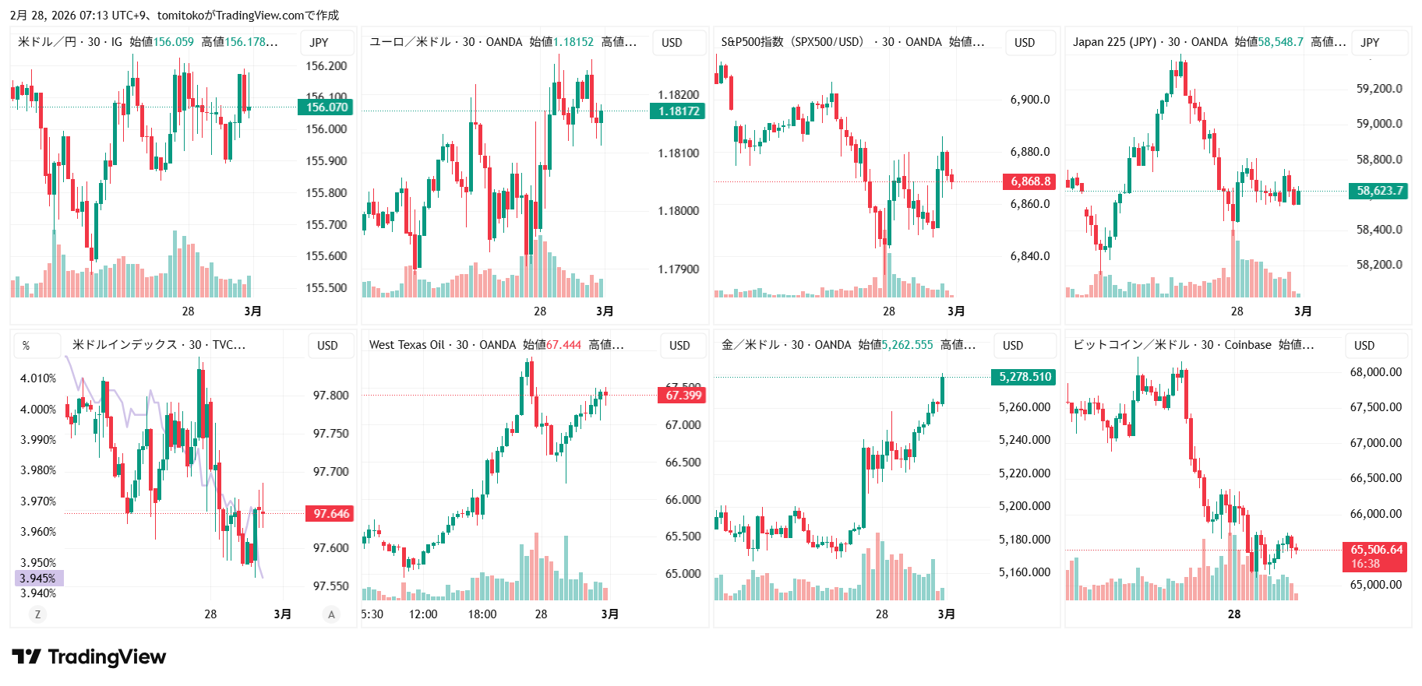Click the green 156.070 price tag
[x=326, y=107]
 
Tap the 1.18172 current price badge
[x=678, y=111]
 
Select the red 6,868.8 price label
[x=1030, y=181]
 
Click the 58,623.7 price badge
[x=1378, y=191]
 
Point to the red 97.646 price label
[x=330, y=514]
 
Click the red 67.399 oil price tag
[x=683, y=396]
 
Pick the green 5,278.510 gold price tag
[x=1025, y=377]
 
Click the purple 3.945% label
[x=39, y=579]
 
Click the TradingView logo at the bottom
[x=89, y=657]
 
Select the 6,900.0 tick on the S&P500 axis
[x=1029, y=100]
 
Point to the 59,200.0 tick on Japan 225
[x=1378, y=89]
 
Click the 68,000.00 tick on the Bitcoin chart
[x=1375, y=372]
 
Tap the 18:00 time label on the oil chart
[x=482, y=614]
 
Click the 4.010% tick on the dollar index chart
[x=38, y=378]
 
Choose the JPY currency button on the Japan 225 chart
[x=1371, y=43]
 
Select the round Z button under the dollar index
[x=37, y=614]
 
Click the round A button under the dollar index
[x=331, y=614]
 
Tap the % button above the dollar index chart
[x=26, y=346]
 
